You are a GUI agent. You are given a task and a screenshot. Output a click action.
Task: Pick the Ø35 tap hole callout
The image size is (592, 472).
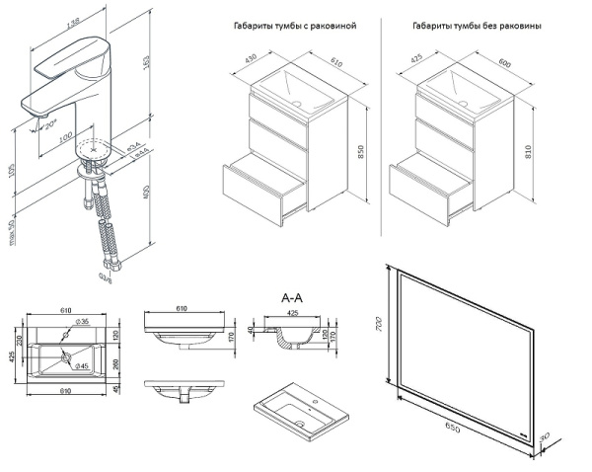(x=83, y=322)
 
